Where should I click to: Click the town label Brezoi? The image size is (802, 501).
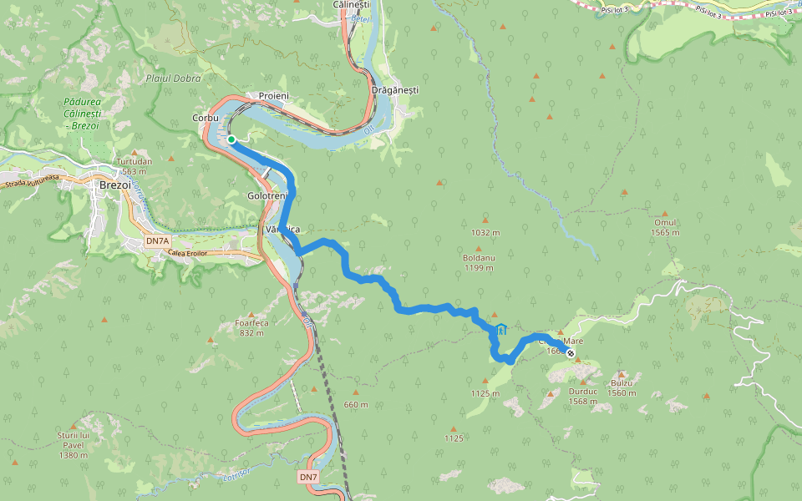coord(114,185)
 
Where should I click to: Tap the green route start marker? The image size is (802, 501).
coord(231,139)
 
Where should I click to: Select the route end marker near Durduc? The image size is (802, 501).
coord(571,354)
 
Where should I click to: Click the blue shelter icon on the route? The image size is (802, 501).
coord(500,330)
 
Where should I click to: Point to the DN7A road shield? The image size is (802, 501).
coord(156,241)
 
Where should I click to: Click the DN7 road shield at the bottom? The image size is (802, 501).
coord(308,477)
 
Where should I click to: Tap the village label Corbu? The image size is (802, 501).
coord(206,118)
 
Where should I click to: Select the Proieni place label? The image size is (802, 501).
coord(274,96)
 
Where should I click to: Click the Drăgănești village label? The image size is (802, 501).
coord(393,89)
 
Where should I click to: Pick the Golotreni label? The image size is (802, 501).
coord(267,195)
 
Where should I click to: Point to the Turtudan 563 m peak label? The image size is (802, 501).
coord(135,166)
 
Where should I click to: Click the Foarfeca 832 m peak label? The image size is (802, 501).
coord(250,327)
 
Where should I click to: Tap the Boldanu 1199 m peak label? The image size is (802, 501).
coord(480,263)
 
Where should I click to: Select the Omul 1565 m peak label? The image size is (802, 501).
coord(665,227)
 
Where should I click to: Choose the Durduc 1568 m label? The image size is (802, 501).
coord(582,396)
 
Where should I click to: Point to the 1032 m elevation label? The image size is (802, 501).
coord(485,233)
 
